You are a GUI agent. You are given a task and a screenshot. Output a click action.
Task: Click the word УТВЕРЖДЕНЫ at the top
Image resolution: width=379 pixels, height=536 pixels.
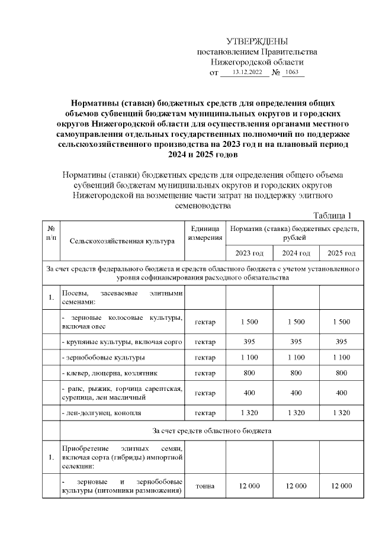pos(257,41)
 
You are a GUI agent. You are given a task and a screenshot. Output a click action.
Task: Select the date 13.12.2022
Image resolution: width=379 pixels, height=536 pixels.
pos(247,72)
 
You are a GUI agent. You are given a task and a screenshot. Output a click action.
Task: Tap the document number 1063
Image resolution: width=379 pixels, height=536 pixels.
pos(291,72)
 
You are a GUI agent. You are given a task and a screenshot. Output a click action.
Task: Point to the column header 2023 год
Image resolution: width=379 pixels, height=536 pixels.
pos(249,253)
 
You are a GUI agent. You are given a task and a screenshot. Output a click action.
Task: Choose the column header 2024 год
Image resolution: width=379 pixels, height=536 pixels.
pos(296,253)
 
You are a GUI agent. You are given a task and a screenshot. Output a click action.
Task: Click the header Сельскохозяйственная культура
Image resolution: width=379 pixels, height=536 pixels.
pos(122,241)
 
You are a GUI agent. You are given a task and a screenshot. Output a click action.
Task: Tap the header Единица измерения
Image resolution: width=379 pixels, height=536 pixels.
pos(205,233)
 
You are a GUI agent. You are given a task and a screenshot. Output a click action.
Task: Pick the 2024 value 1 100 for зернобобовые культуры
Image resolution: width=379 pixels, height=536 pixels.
pos(296,357)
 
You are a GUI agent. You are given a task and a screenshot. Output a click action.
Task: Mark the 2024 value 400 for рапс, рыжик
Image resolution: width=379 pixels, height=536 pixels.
pos(296,392)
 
